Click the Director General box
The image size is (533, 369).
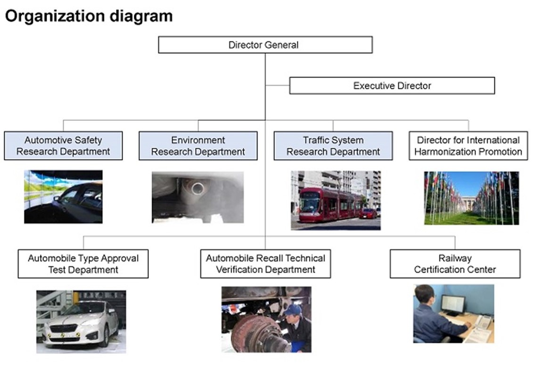point(265,45)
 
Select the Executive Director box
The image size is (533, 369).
point(392,86)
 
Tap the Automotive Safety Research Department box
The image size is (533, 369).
point(63,146)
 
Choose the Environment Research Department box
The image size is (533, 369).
point(198,146)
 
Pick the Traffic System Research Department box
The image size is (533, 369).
point(333,146)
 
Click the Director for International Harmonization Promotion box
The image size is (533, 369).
point(468,146)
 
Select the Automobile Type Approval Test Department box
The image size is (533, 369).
point(83,264)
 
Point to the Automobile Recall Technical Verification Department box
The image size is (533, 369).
point(265,264)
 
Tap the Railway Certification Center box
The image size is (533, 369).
point(455,264)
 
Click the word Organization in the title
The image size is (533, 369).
point(52,17)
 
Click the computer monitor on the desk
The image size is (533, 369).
point(452,304)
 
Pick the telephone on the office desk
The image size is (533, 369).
point(483,321)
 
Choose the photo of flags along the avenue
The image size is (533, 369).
point(471,198)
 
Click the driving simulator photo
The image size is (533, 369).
point(63,196)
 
